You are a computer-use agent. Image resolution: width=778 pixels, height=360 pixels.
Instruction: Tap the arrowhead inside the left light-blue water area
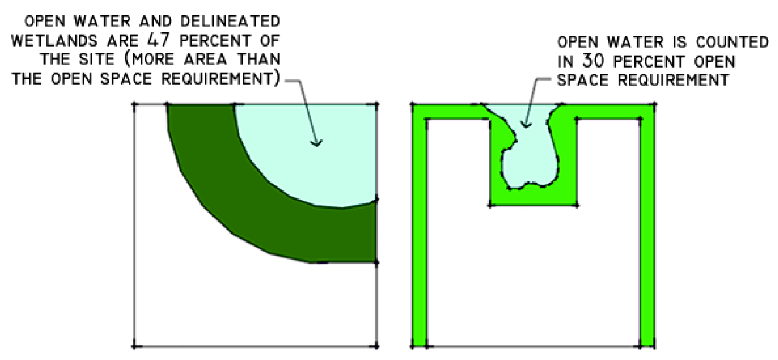(316, 144)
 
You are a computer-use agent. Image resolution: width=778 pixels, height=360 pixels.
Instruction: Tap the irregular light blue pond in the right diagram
(529, 160)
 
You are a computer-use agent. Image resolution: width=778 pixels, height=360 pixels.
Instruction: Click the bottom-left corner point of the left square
(134, 345)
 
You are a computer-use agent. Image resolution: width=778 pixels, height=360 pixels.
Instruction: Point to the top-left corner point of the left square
(134, 105)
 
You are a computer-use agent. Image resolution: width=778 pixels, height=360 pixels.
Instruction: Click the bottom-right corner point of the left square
(376, 345)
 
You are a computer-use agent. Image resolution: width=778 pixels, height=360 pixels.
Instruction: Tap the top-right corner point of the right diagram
(654, 105)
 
